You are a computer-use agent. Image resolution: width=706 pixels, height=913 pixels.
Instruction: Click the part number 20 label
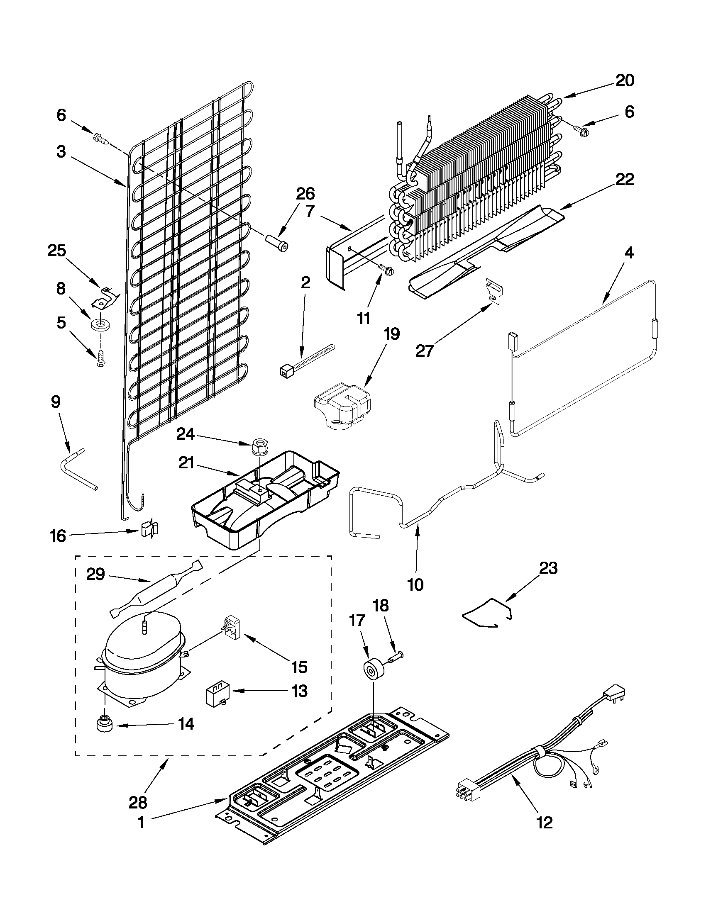(624, 80)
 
